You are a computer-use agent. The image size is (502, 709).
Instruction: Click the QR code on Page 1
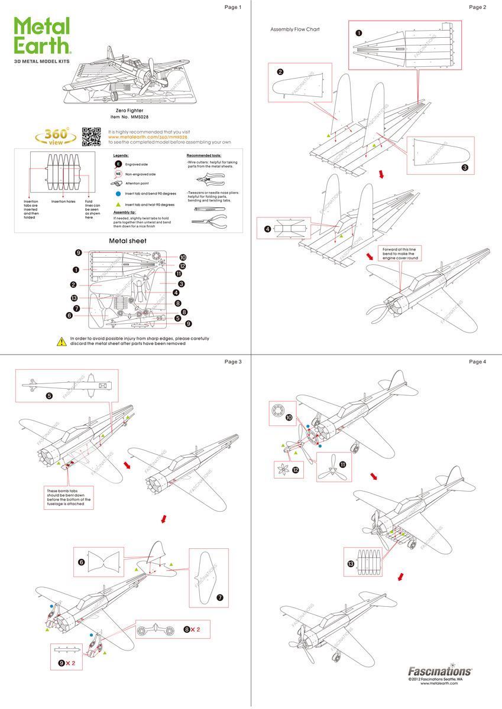92,136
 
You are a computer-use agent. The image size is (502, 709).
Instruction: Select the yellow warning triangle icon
61,341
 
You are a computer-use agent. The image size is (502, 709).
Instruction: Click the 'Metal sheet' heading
128,241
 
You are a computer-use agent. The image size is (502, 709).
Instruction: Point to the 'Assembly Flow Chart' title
294,29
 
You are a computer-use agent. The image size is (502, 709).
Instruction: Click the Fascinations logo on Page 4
440,671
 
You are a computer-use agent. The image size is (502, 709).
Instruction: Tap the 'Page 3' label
233,362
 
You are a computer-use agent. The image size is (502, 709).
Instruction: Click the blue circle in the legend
118,193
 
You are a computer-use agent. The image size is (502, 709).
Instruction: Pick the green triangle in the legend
118,204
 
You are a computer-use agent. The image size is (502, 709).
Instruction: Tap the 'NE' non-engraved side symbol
118,174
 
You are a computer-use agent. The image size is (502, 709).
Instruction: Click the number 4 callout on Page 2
267,229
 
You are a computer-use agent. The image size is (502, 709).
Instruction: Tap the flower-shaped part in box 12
281,470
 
